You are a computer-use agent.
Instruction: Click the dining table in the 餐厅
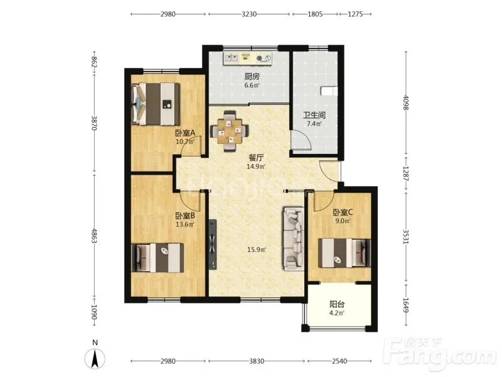229,131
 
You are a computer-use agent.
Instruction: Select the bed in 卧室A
156,104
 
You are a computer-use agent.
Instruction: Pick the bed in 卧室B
158,258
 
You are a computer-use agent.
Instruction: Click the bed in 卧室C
344,253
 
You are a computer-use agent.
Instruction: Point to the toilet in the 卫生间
329,90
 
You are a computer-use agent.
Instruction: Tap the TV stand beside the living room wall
212,244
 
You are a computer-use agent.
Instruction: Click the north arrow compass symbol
95,358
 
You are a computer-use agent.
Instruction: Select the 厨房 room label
252,77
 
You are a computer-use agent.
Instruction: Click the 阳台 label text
337,304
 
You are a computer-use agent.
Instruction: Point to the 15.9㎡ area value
257,249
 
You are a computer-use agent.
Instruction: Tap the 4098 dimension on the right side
406,102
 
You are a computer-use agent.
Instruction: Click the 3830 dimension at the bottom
257,361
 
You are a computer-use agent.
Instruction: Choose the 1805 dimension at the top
315,14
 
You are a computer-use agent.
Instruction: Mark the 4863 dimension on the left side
94,236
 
